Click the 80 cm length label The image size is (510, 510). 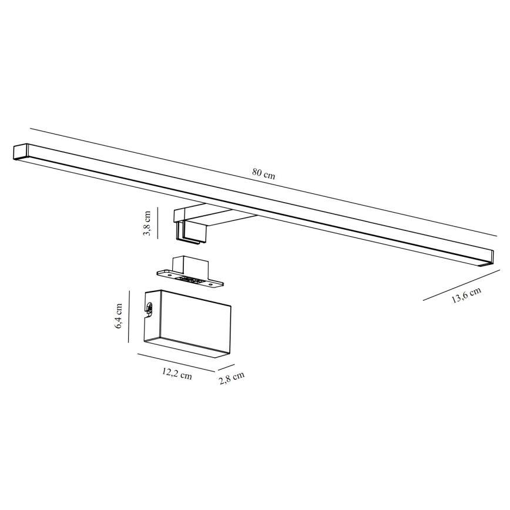tap(264, 173)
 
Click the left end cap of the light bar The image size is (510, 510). tap(21, 151)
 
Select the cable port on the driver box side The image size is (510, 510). tap(149, 307)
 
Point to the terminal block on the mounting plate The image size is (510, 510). tap(192, 281)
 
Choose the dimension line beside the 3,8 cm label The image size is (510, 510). tap(157, 223)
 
